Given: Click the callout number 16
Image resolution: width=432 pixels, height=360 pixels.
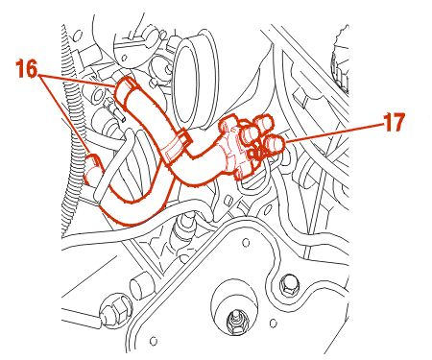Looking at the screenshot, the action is [27, 69].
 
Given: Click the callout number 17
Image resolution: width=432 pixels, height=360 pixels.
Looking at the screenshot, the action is [395, 122].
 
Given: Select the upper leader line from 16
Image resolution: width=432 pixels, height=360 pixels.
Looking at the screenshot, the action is [77, 82].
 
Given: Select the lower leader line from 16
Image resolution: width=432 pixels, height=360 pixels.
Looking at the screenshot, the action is [64, 114].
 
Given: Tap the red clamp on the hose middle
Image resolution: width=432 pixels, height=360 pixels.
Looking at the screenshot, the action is [177, 146].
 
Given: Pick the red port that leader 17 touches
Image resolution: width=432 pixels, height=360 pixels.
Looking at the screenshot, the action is [275, 144].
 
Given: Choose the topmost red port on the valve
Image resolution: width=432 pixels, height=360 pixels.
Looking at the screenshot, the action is [262, 122].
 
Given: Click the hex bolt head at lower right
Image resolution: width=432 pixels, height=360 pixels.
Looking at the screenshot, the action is [289, 284].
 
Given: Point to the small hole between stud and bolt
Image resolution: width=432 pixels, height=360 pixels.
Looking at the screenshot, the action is [273, 324].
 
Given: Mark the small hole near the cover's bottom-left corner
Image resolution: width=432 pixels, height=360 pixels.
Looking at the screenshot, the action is [154, 340].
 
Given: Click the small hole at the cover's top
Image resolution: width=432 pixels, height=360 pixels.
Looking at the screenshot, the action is [246, 243].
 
